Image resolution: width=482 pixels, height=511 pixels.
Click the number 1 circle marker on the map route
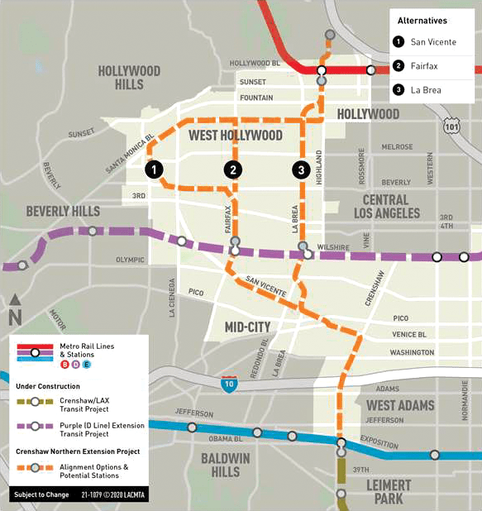click(153, 170)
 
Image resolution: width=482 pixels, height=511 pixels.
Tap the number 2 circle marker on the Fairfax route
click(234, 170)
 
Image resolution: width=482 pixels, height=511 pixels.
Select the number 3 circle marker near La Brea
click(300, 170)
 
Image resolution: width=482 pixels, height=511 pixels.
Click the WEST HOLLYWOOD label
click(236, 135)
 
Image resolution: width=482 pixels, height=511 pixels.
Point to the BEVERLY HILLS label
click(63, 212)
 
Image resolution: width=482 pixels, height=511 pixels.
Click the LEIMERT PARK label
click(384, 490)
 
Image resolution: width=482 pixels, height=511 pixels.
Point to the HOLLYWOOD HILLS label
click(129, 77)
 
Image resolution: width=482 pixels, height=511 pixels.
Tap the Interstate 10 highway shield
click(227, 384)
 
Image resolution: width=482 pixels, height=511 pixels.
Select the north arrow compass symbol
click(15, 309)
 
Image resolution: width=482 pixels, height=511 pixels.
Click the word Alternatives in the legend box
click(422, 20)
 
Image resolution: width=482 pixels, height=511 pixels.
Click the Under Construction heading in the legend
click(47, 386)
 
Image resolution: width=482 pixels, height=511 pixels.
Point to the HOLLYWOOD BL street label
click(255, 63)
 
